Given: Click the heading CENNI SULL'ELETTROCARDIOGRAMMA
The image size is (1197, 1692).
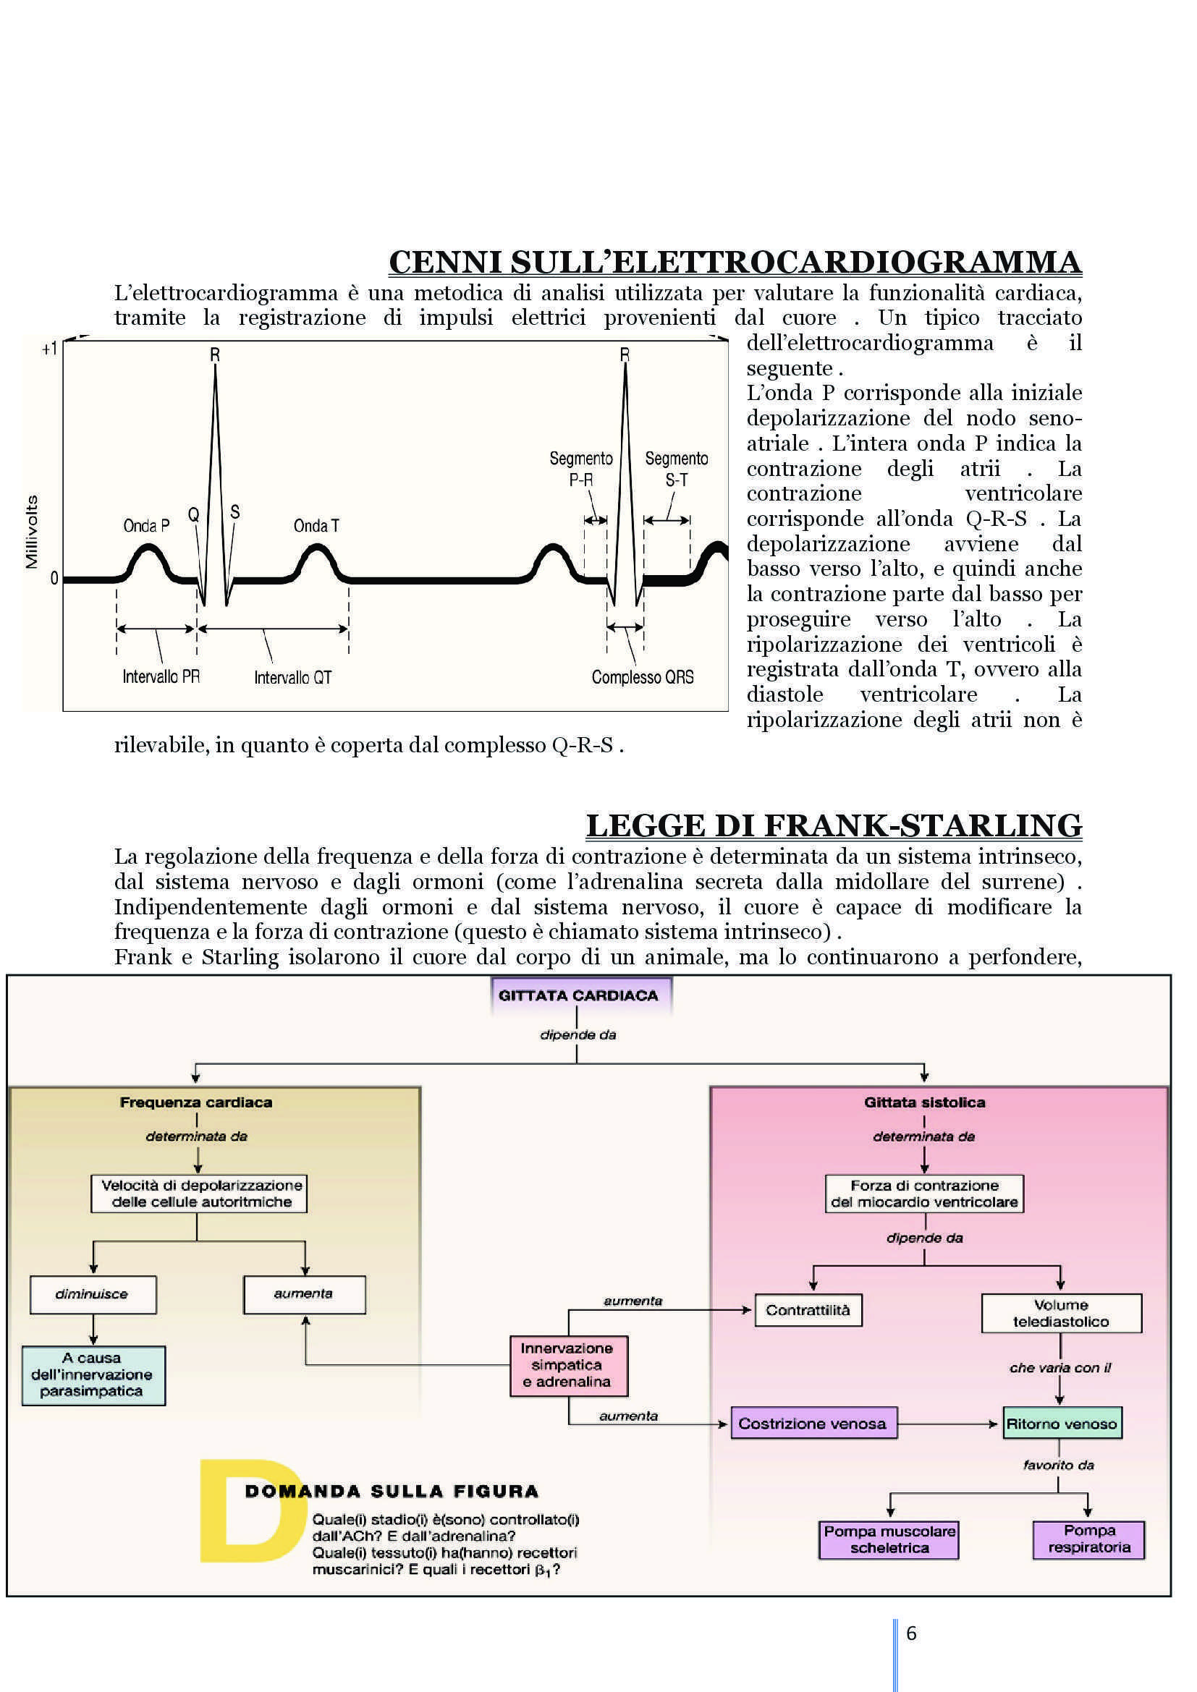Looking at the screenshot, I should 735,263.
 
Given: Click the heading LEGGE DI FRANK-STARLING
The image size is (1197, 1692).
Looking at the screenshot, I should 834,825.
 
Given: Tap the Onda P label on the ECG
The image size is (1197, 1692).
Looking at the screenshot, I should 146,525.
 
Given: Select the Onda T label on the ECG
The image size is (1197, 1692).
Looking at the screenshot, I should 316,525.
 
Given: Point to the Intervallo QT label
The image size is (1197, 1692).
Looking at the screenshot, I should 292,677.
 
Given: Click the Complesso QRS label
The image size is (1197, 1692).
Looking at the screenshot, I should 643,677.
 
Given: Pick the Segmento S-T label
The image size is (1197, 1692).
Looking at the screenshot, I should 677,469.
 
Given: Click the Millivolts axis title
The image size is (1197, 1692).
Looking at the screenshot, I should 32,532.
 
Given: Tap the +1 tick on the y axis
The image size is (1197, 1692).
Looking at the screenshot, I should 49,349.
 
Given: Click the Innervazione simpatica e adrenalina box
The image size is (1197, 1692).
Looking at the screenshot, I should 567,1365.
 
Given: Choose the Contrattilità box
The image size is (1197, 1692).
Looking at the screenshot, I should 808,1309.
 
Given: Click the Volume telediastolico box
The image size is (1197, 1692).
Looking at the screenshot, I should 1061,1313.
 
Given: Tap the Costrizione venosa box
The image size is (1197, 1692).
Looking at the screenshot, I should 812,1423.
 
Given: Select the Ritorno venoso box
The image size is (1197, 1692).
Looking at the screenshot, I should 1062,1423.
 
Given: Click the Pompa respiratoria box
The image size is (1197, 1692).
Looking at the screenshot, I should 1088,1539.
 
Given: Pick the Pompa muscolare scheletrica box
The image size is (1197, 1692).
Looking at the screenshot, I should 889,1539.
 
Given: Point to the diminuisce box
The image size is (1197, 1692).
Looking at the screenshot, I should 92,1294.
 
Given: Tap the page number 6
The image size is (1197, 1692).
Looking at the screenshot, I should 911,1633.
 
